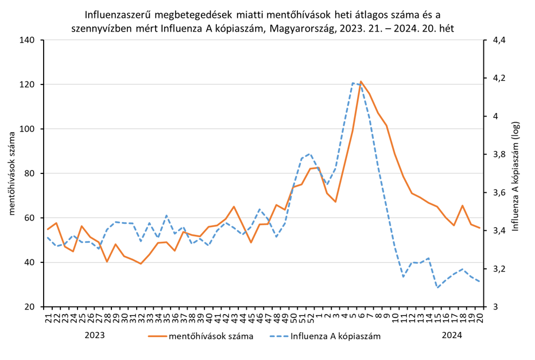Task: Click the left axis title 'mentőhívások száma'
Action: tap(11, 173)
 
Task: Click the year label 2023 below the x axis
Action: tap(95, 335)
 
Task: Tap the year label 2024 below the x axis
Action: tap(452, 335)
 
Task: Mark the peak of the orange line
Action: tap(361, 82)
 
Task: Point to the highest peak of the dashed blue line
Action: tap(353, 83)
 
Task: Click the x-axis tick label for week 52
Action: tap(311, 316)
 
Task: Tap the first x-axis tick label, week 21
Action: tap(48, 316)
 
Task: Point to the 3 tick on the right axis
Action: tap(487, 307)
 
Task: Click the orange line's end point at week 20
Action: tap(479, 229)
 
